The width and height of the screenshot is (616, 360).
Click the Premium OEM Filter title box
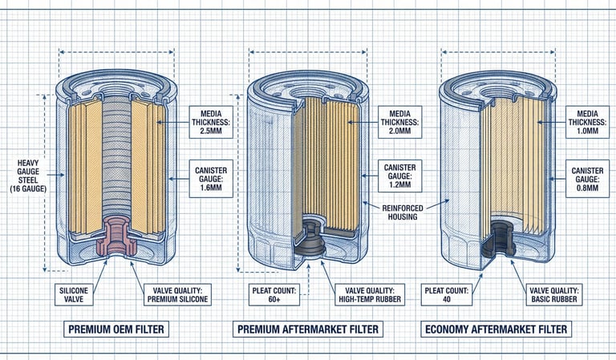117,329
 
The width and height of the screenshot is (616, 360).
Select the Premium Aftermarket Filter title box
308,329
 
